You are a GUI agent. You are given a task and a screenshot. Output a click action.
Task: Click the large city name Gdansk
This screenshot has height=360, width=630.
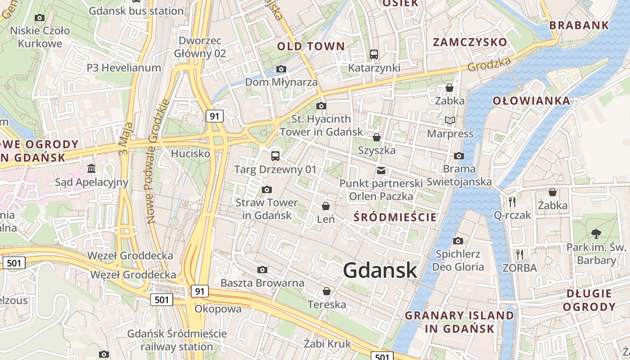(380, 270)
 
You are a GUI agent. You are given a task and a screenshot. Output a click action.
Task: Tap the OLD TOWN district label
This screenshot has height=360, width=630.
(310, 46)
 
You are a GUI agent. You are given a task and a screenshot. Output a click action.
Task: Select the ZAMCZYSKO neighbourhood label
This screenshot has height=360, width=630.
(470, 42)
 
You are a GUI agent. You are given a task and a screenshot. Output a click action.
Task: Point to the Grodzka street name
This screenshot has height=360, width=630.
(489, 64)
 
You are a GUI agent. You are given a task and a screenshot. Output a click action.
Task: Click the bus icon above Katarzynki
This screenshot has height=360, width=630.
(374, 54)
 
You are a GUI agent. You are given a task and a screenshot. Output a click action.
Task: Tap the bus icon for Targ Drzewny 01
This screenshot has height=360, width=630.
(275, 156)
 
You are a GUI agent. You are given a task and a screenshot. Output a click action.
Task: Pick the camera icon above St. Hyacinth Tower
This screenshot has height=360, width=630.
(321, 106)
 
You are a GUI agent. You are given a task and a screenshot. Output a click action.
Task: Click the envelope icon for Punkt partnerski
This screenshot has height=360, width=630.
(381, 171)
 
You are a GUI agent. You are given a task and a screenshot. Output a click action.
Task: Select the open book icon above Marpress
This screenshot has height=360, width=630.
(450, 120)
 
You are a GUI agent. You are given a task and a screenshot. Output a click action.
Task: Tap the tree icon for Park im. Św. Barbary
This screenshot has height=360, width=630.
(596, 234)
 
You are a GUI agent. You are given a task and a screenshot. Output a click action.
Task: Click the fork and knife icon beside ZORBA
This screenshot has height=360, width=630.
(520, 255)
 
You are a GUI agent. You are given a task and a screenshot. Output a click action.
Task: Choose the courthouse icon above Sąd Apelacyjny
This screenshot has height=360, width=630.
(92, 169)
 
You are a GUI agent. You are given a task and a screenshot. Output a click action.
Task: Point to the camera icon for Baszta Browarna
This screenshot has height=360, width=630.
(262, 270)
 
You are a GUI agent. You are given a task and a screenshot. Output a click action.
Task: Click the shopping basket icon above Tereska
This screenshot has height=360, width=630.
(327, 291)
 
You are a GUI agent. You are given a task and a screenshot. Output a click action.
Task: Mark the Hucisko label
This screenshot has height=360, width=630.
(190, 153)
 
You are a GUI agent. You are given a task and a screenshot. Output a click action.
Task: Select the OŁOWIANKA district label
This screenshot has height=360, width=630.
(531, 100)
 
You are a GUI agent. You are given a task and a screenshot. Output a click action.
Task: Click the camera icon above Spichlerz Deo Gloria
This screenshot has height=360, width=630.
(458, 241)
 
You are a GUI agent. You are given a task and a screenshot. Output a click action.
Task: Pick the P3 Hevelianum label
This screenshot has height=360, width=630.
(124, 68)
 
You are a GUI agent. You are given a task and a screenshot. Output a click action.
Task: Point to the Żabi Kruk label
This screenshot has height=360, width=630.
(327, 344)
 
